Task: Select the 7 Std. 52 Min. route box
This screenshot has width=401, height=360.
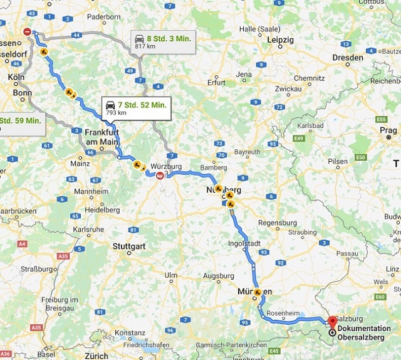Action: click(135, 109)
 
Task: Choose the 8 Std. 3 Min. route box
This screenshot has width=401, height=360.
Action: click(162, 42)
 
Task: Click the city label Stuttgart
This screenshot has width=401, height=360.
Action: click(129, 246)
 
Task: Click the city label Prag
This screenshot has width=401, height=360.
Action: click(388, 130)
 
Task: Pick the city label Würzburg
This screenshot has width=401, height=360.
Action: click(165, 166)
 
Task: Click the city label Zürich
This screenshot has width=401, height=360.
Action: click(97, 356)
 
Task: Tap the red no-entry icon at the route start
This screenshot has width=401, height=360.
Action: click(26, 31)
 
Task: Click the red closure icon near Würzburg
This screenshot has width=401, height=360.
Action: click(160, 177)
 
